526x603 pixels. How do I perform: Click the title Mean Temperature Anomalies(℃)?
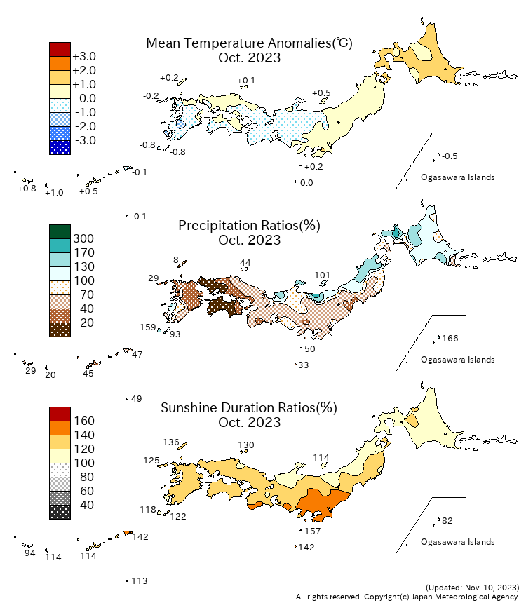[249, 43]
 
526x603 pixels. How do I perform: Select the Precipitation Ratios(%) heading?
[249, 225]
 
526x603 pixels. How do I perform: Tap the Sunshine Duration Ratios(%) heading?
[249, 407]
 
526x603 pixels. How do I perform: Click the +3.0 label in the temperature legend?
[84, 56]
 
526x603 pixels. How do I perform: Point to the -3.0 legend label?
[84, 140]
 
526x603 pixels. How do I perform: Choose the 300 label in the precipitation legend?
[83, 238]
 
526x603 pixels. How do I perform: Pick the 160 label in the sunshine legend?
[83, 421]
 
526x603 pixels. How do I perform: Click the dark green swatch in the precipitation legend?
[60, 231]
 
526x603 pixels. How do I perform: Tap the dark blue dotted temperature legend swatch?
[60, 147]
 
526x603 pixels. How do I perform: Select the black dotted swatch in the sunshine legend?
[60, 512]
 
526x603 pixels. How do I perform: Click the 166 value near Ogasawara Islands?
[450, 339]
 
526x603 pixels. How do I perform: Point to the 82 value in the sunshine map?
[447, 521]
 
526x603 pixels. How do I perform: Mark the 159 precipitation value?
[148, 327]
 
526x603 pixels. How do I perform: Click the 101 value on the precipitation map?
[322, 275]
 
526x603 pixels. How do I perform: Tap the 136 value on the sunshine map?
[171, 442]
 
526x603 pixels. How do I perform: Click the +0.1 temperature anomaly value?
[246, 81]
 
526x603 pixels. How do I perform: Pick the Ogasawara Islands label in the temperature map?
[457, 177]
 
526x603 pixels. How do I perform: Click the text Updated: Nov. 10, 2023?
[472, 587]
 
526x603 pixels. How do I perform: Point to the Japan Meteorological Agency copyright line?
[407, 597]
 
